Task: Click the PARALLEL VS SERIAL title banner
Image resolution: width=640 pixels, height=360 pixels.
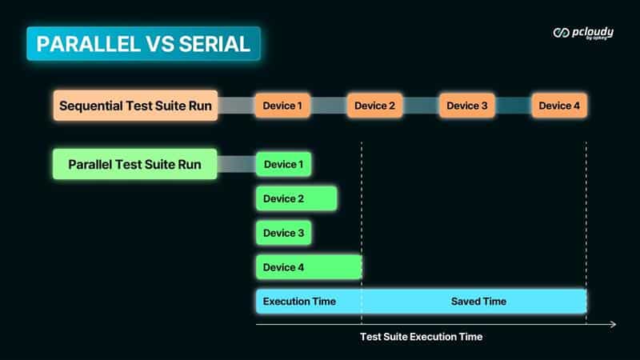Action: tap(143, 44)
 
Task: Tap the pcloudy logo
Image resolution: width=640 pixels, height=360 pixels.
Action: tap(583, 33)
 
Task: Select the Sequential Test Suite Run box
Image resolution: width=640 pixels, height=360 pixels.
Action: tap(135, 106)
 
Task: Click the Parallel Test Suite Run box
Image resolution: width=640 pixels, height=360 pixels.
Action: tap(135, 164)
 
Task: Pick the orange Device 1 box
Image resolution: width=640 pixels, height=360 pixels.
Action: tap(282, 106)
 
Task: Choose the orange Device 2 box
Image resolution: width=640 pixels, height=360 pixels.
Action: tap(374, 106)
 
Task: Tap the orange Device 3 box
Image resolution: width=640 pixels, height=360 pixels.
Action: tap(467, 106)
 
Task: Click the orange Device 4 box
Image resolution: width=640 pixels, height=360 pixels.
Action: tap(559, 106)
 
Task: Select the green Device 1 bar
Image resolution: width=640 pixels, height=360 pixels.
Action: tap(284, 164)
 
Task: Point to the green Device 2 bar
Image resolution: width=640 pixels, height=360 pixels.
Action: tap(297, 198)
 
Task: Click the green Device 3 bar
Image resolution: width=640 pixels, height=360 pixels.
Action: tap(284, 233)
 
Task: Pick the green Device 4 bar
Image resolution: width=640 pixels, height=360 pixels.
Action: tap(309, 267)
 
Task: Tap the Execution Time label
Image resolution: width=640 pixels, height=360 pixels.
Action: tap(299, 302)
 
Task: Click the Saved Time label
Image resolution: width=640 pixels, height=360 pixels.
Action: tap(478, 302)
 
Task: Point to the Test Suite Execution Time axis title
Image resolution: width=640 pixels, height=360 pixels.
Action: tap(422, 337)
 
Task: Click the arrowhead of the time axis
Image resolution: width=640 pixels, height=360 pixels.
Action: tap(613, 324)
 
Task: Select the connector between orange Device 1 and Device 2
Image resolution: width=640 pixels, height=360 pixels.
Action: tap(329, 106)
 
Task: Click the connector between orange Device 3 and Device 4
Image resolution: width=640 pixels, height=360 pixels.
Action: tap(513, 106)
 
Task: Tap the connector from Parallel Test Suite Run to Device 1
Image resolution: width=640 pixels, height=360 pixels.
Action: tap(237, 164)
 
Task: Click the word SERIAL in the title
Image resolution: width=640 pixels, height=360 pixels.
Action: tap(214, 44)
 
